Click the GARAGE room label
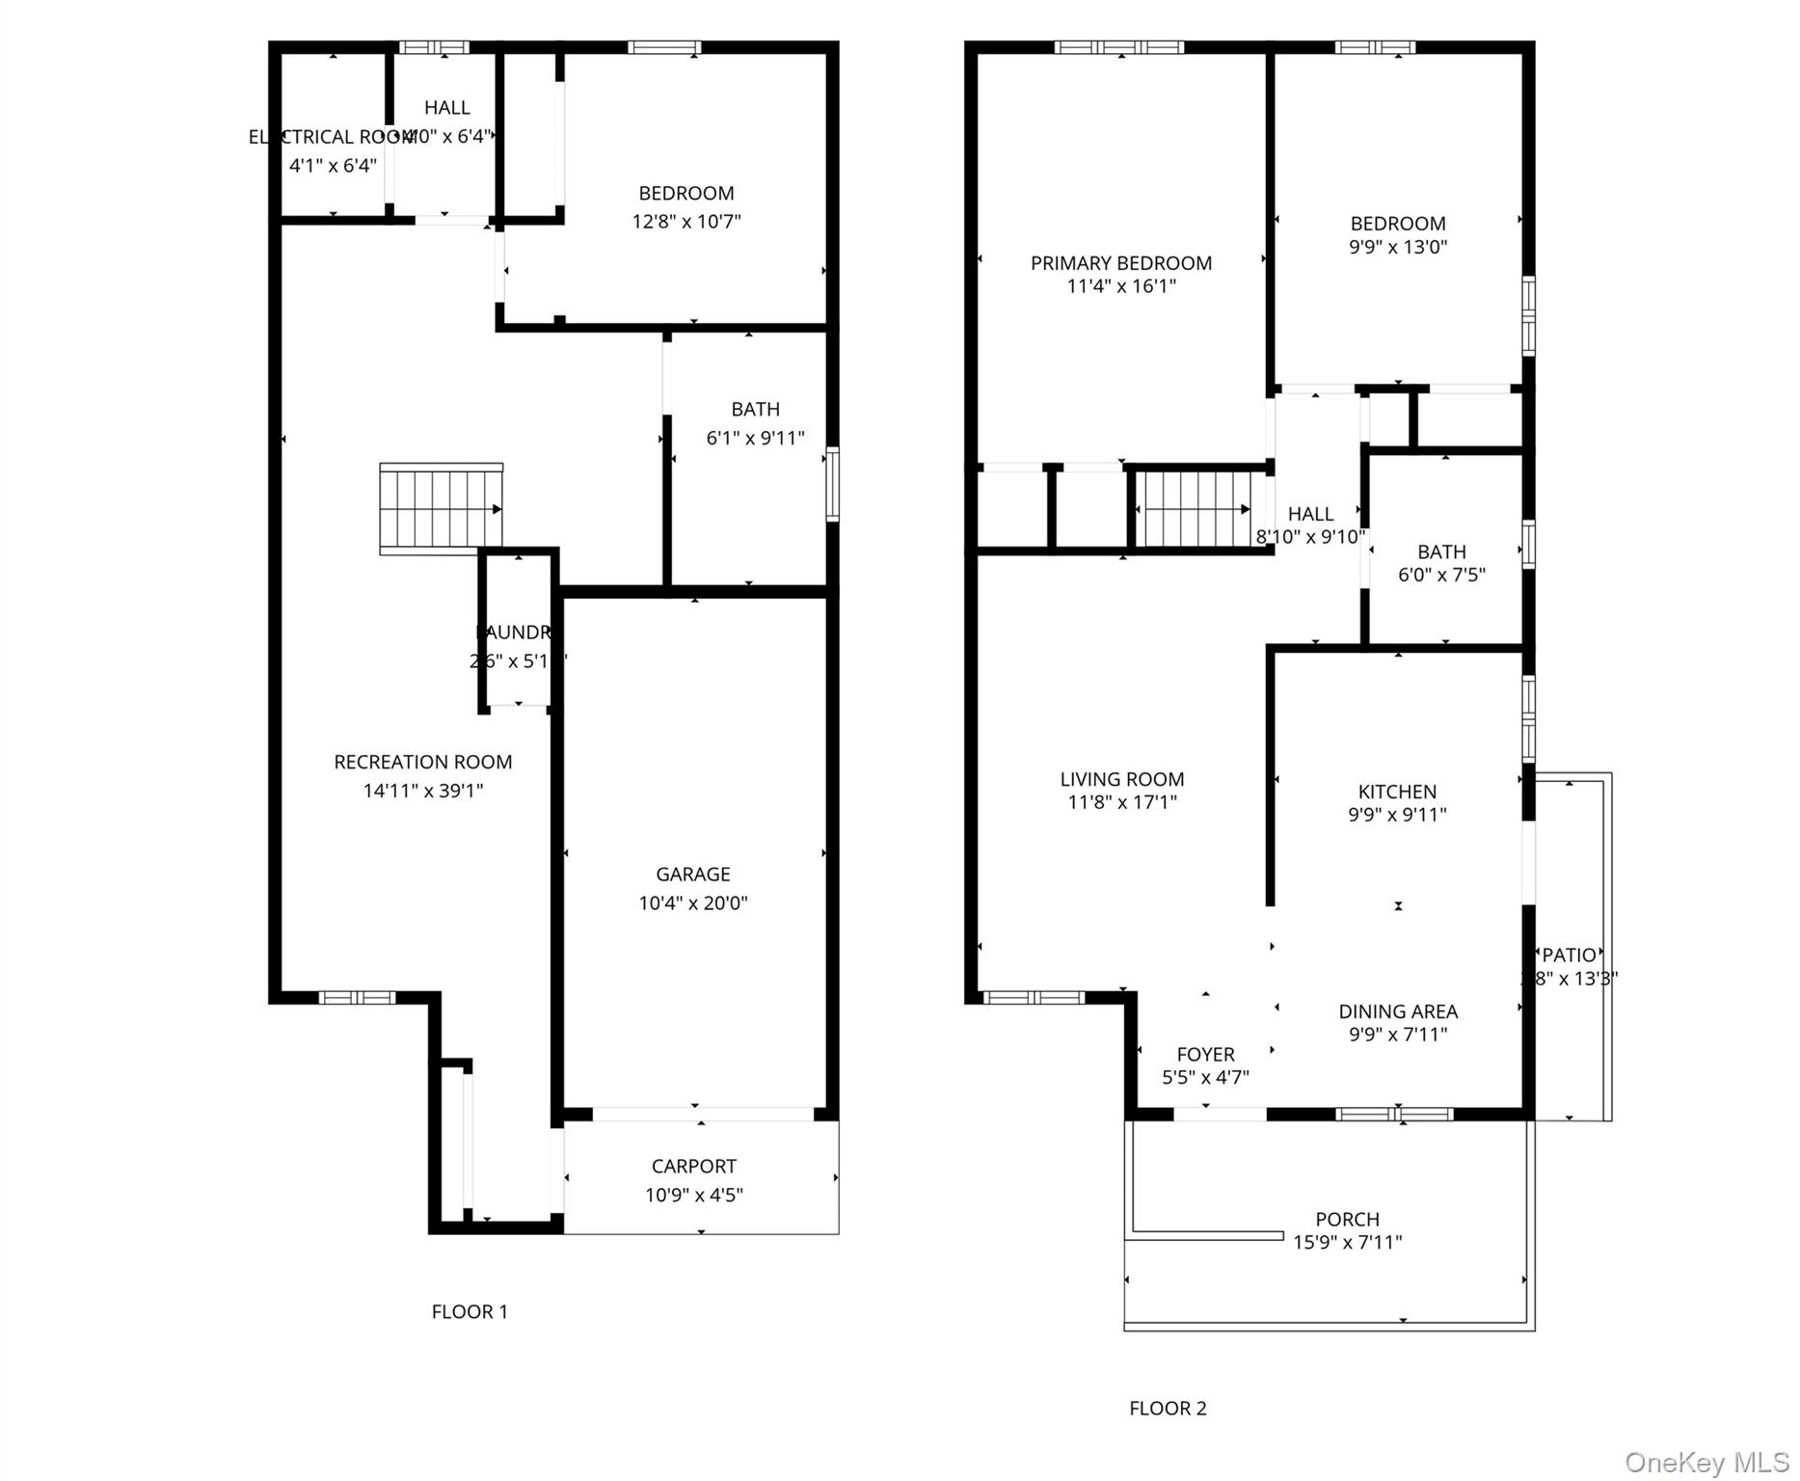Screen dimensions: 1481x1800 click(x=692, y=874)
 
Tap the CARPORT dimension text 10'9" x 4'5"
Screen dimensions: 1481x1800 click(x=693, y=1196)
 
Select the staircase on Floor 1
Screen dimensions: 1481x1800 click(x=441, y=508)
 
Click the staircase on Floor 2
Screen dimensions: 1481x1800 click(x=1196, y=508)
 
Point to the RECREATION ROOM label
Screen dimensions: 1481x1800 click(x=422, y=762)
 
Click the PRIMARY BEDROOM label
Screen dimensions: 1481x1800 click(x=1120, y=263)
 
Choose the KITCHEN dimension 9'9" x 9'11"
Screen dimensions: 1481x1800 click(x=1397, y=815)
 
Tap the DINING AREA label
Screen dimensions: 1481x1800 click(x=1397, y=1011)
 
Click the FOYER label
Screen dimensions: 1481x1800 click(x=1205, y=1054)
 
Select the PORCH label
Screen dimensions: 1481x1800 click(x=1347, y=1219)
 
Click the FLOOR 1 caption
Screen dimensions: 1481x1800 click(x=470, y=1311)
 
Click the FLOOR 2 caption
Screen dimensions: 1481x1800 click(x=1168, y=1408)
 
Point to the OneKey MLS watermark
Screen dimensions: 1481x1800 click(x=1706, y=1463)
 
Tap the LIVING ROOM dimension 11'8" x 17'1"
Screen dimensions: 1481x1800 click(x=1121, y=802)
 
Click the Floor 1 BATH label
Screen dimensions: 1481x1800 click(x=755, y=409)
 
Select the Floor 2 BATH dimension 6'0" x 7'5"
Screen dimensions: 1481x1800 click(x=1441, y=576)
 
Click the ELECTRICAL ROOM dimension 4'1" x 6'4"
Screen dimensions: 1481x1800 click(x=333, y=165)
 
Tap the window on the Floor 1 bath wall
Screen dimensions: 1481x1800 click(x=833, y=484)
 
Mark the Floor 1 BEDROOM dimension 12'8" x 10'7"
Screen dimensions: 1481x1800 click(x=685, y=222)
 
